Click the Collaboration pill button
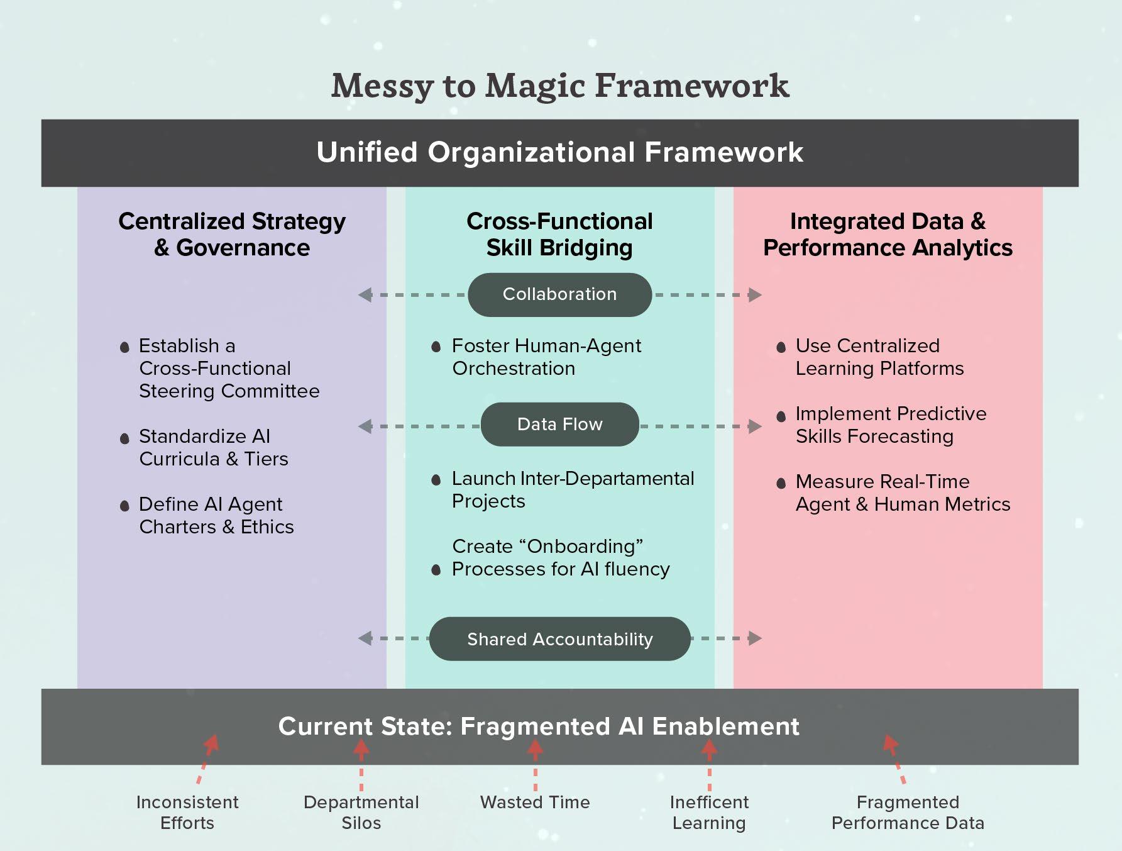(x=559, y=294)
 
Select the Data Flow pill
(x=559, y=425)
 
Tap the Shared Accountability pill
(x=559, y=639)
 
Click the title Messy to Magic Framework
(x=559, y=86)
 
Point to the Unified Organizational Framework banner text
(x=559, y=152)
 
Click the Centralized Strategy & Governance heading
(x=232, y=234)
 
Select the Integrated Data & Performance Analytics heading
(x=888, y=234)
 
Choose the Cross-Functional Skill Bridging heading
(x=559, y=234)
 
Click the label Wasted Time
(x=535, y=802)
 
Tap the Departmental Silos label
(x=361, y=812)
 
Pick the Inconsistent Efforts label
(x=187, y=812)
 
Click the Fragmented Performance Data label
(x=908, y=812)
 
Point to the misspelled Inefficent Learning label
(x=709, y=812)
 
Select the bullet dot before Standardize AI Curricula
(x=124, y=438)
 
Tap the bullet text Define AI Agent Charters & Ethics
(x=216, y=515)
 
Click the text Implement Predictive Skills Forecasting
(x=890, y=425)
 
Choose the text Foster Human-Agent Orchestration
(x=546, y=357)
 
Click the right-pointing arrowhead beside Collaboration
(x=755, y=294)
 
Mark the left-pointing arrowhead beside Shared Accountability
(x=365, y=638)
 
